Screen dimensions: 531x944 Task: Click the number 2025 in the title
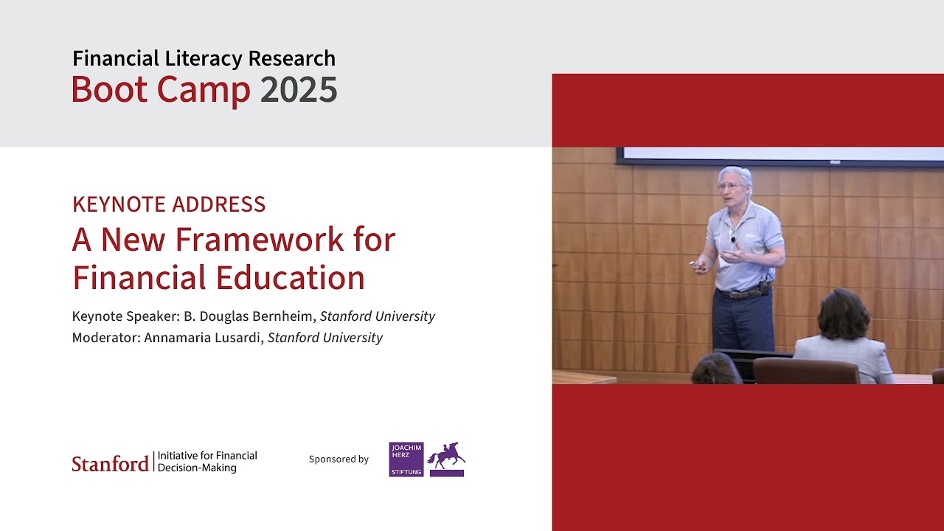(299, 90)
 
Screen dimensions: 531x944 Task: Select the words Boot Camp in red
(161, 90)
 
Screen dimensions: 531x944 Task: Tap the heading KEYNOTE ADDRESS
(169, 204)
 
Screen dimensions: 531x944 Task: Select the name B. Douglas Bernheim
(248, 316)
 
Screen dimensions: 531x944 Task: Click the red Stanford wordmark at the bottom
(110, 463)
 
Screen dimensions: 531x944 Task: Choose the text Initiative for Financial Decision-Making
(207, 462)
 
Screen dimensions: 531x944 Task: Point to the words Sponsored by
(339, 459)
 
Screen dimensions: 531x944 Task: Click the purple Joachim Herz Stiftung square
(406, 459)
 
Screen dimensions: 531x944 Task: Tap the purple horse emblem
(446, 458)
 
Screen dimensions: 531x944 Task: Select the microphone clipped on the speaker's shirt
(733, 238)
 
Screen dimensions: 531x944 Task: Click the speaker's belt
(741, 294)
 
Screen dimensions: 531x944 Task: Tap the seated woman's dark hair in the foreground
(844, 313)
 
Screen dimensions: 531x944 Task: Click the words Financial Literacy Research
(204, 58)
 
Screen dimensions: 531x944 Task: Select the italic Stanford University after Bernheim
(378, 316)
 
